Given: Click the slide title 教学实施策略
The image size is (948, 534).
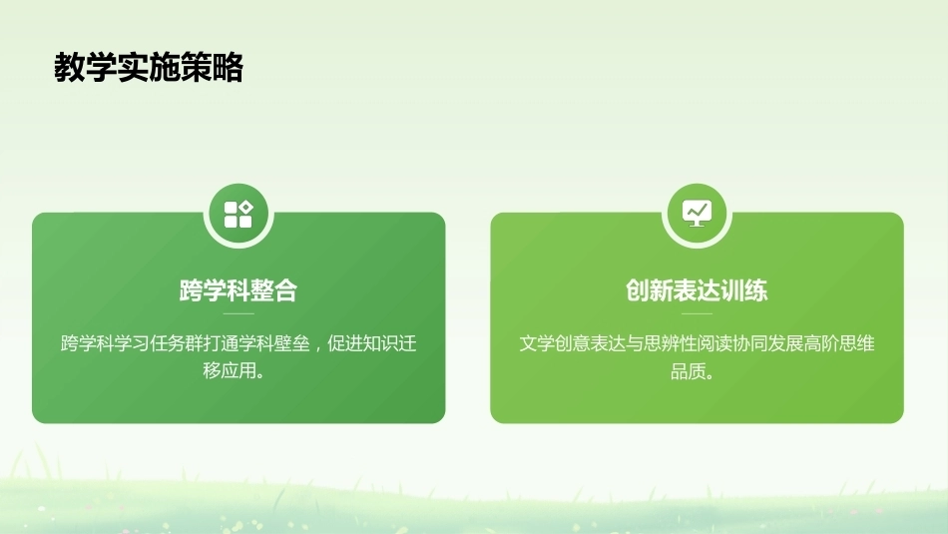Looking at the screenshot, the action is tap(149, 67).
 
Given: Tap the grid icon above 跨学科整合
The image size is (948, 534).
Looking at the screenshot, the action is tap(238, 214).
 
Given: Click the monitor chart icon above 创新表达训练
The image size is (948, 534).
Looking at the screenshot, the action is tap(698, 214).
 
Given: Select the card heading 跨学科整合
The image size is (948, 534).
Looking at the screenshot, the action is tap(238, 290).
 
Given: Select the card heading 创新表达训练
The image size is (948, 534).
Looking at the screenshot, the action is tap(697, 290).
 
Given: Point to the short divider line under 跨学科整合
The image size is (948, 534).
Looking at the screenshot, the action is tap(238, 313).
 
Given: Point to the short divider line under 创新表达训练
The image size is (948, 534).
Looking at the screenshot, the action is tap(698, 313).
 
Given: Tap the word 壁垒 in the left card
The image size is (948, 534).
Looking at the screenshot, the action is tap(292, 343).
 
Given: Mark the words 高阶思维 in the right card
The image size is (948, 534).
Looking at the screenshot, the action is tap(839, 343).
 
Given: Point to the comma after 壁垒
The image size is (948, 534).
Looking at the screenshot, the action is tap(316, 348).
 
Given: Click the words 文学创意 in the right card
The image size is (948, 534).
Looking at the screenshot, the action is tap(555, 343).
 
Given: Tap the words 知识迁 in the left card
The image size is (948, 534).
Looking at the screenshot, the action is tap(390, 343).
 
